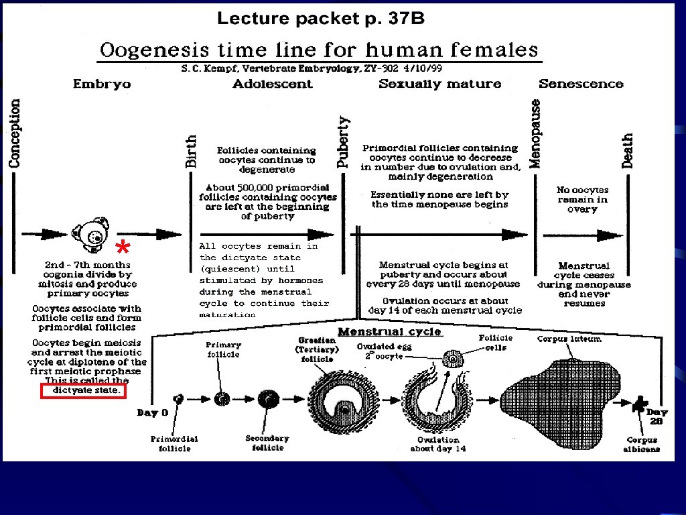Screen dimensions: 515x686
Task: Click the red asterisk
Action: click(x=123, y=248)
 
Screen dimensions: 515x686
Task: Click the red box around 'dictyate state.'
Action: click(x=84, y=391)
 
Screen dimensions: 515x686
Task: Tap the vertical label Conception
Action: click(x=15, y=133)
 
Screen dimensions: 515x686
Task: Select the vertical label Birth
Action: click(x=192, y=151)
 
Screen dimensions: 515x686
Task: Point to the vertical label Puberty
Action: click(x=344, y=142)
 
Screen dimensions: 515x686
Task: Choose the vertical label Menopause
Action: click(x=535, y=134)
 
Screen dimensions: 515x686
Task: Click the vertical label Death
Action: click(x=628, y=151)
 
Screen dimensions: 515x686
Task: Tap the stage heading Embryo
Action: click(x=102, y=84)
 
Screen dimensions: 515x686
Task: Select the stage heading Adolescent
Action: click(x=273, y=84)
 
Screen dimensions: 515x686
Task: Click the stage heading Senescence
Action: click(x=581, y=84)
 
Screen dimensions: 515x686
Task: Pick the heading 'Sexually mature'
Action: click(x=439, y=84)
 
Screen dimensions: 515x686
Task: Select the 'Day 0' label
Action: click(x=153, y=412)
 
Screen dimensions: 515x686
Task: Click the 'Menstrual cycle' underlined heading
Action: click(x=389, y=332)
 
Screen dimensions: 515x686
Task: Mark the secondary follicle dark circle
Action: click(x=269, y=399)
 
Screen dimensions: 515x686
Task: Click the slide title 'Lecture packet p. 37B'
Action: click(x=320, y=19)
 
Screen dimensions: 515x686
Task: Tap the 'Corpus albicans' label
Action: click(x=642, y=444)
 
